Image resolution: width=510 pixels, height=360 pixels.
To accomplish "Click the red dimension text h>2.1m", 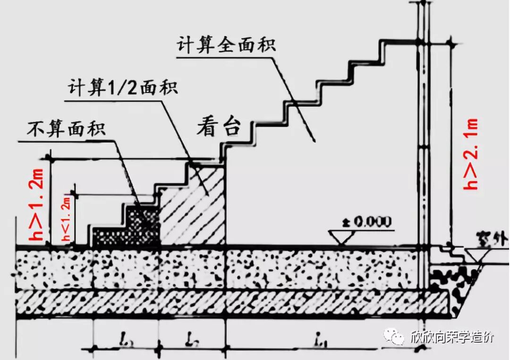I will pyautogui.click(x=471, y=154).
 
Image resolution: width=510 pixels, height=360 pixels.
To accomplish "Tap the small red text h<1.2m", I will pyautogui.click(x=66, y=218).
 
